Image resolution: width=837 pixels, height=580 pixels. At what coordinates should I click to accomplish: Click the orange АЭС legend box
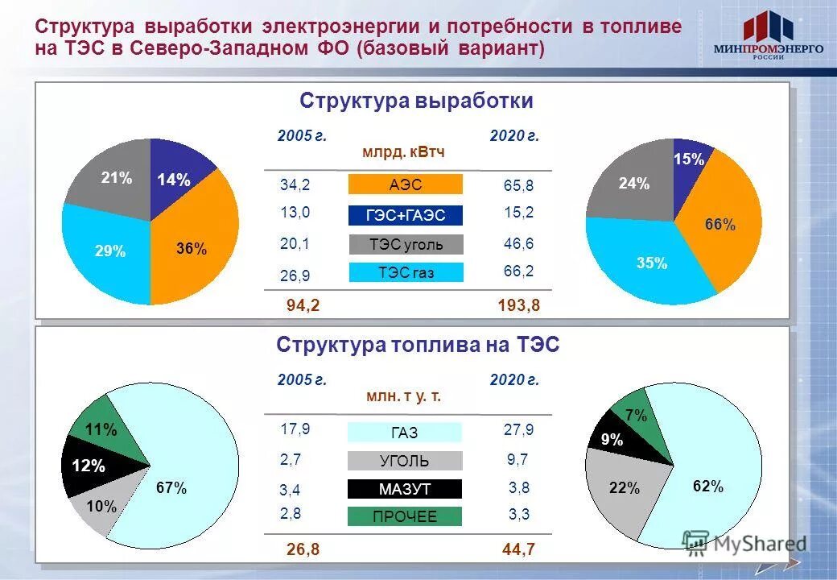(x=405, y=184)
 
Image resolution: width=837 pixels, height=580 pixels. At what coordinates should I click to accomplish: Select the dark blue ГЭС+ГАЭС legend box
(x=405, y=215)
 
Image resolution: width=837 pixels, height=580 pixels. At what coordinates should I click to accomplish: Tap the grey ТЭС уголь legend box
(x=406, y=244)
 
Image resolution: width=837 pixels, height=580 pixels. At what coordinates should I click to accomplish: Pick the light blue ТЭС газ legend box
(x=406, y=272)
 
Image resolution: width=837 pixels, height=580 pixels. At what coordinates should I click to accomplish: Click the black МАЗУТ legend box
(x=404, y=489)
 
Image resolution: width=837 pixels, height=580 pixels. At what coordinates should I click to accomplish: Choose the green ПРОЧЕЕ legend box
(x=404, y=516)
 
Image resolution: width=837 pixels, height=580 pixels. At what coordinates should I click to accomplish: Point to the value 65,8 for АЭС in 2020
(x=518, y=186)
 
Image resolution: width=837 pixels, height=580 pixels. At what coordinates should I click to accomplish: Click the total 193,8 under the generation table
(x=518, y=305)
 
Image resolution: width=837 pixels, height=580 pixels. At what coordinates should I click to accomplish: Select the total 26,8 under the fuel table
(x=303, y=549)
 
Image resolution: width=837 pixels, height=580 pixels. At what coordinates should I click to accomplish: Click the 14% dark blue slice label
(x=173, y=180)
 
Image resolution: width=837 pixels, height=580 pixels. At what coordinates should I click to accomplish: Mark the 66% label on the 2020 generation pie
(x=719, y=225)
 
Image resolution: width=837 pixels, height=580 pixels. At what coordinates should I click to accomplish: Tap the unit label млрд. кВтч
(x=403, y=152)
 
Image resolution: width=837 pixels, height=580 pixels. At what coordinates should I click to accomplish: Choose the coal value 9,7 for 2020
(x=518, y=459)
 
